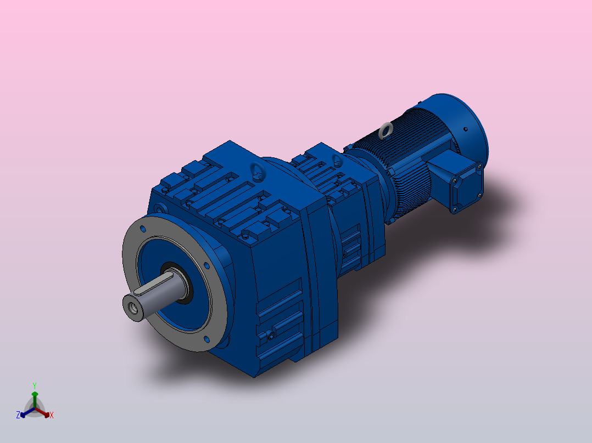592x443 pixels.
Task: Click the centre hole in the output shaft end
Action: (x=132, y=307)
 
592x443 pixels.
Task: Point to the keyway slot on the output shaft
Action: (x=150, y=286)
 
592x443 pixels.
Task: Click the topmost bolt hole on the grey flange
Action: (x=143, y=227)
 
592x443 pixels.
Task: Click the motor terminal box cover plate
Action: (x=466, y=186)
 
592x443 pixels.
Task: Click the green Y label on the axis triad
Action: (x=34, y=385)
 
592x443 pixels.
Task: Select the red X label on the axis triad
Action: (x=51, y=415)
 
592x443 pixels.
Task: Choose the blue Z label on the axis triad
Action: (x=18, y=415)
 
